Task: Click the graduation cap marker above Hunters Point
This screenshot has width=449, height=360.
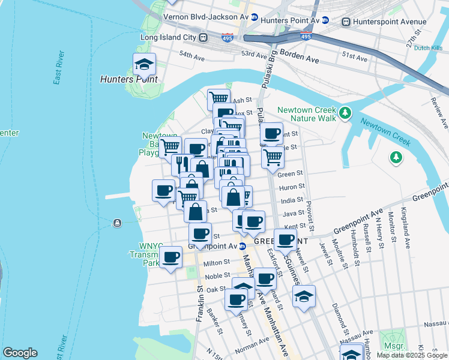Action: tap(144, 64)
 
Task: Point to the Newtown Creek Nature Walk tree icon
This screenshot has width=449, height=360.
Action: tap(345, 113)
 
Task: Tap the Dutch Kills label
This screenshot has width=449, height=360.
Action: tap(429, 49)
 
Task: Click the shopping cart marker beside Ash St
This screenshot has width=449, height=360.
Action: tap(218, 98)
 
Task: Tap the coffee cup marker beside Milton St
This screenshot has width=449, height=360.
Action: tap(170, 257)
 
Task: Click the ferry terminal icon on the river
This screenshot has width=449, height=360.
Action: tap(116, 223)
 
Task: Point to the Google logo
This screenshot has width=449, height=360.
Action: tap(20, 353)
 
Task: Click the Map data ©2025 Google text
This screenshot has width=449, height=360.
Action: tap(412, 355)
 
